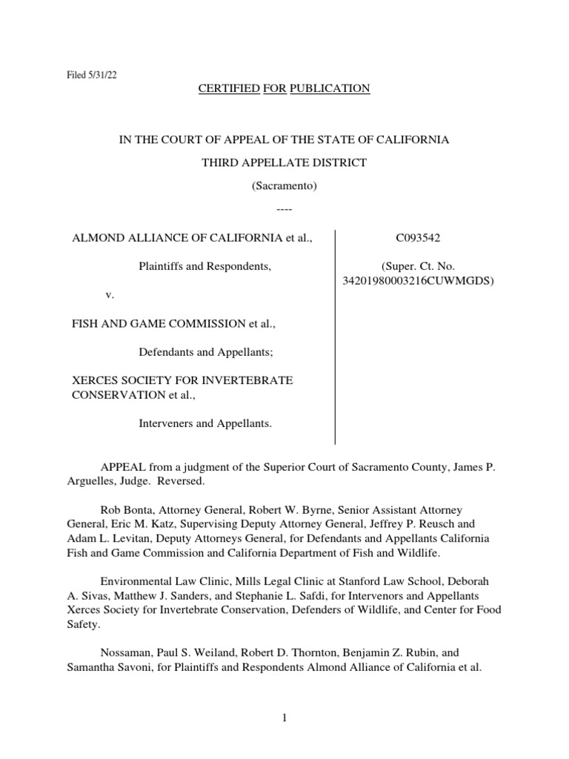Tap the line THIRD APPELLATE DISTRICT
coord(284,163)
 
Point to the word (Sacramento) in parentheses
coord(284,187)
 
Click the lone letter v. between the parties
coord(110,295)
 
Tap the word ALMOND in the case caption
coord(94,239)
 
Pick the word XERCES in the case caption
coord(93,380)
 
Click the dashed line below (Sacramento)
coord(284,211)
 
